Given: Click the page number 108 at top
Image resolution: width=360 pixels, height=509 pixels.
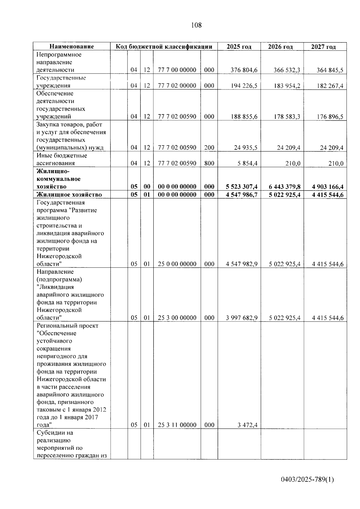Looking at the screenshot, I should click(x=196, y=25).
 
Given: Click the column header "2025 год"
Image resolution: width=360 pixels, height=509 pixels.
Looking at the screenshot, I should click(x=239, y=47).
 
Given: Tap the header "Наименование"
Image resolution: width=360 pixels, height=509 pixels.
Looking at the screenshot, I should click(x=71, y=47).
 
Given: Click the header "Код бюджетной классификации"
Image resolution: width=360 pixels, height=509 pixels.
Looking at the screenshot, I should click(x=164, y=47).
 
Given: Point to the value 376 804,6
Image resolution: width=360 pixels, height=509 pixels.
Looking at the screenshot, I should click(x=244, y=70).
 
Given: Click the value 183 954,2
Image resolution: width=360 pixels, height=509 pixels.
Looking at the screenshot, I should click(x=287, y=86).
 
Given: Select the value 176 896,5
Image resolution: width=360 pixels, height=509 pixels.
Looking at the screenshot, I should click(x=330, y=117).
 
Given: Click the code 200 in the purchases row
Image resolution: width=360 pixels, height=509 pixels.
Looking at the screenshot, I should click(x=209, y=148).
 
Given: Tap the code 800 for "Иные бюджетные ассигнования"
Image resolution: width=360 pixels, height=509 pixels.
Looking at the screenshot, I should click(x=209, y=163).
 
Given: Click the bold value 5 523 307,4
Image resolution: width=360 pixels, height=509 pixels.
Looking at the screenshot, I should click(x=241, y=187).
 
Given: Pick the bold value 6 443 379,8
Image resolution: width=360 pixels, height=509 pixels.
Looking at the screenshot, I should click(x=284, y=187).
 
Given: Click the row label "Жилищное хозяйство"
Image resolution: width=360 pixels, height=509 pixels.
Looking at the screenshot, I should click(x=69, y=194).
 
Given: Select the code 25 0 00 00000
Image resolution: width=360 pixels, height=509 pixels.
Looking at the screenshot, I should click(x=177, y=264).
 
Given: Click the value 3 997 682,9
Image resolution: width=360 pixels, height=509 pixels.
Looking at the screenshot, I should click(x=241, y=318).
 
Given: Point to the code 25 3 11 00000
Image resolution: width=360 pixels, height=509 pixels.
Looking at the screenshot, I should click(x=177, y=425).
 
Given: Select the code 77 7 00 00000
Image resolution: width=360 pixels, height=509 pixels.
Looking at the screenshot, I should click(x=177, y=70).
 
